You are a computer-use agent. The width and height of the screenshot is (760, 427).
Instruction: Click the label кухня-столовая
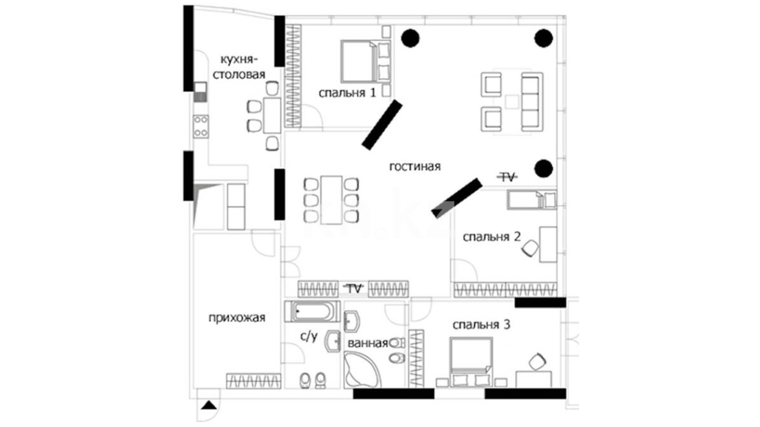[x=239, y=67]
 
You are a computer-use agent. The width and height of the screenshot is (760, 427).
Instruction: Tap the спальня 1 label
[x=347, y=93]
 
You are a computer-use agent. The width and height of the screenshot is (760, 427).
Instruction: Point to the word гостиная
[x=415, y=166]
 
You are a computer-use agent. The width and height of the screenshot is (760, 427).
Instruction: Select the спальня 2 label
[x=492, y=237]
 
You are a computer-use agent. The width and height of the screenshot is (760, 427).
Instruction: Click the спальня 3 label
[x=481, y=325]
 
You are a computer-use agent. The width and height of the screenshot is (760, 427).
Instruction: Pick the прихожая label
[x=237, y=318]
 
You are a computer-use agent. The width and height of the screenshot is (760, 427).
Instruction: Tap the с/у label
[x=309, y=336]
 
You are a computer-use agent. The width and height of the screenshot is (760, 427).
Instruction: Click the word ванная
[x=368, y=343]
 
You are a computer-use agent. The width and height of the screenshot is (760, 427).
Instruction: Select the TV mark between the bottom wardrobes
[x=354, y=289]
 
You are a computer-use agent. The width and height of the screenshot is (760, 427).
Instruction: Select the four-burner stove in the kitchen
[x=201, y=126]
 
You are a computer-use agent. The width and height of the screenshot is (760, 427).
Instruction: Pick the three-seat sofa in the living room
[x=532, y=102]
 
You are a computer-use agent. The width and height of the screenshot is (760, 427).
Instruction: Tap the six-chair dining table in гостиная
[x=331, y=200]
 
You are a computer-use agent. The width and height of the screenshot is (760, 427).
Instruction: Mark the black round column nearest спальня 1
[x=410, y=38]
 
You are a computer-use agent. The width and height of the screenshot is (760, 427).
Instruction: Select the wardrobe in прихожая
[x=254, y=381]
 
